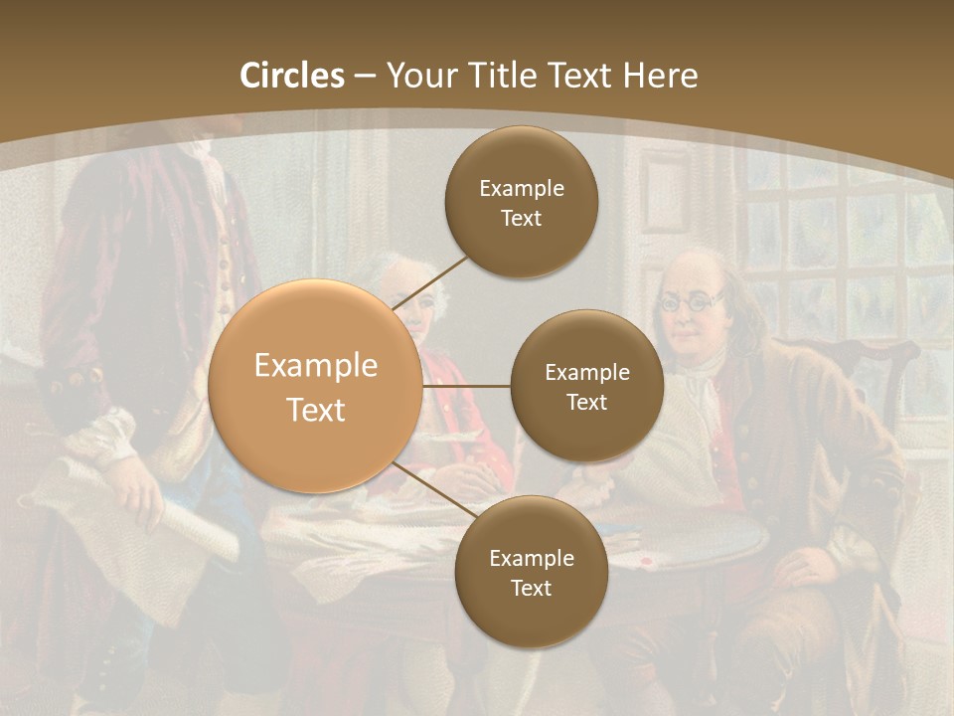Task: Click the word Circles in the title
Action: point(291,76)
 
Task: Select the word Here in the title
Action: point(660,76)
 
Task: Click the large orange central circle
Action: point(315,386)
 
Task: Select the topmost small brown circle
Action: point(521,202)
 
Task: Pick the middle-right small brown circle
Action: point(586,386)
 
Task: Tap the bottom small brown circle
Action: point(531,572)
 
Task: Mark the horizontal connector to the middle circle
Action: point(466,386)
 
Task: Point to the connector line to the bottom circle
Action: point(435,491)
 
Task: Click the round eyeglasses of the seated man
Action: point(692,299)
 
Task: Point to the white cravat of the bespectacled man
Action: point(708,388)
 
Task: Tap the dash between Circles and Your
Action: point(365,77)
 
